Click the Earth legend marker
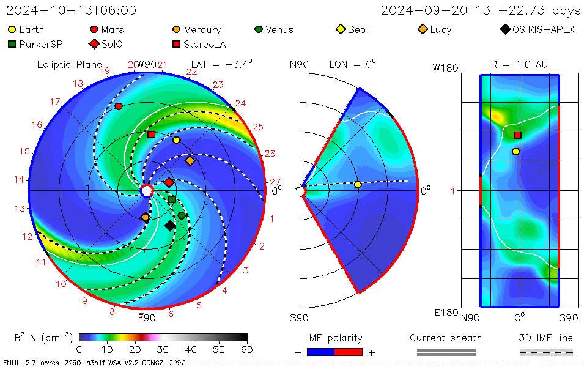tap(12, 29)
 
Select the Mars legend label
tap(113, 29)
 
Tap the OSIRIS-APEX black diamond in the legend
tap(504, 29)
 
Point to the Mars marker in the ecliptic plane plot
tap(119, 106)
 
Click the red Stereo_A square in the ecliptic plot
tap(151, 134)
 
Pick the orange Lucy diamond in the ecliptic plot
tap(190, 161)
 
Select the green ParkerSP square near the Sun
tap(172, 199)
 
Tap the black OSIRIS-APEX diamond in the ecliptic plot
tap(170, 226)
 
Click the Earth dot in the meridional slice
tap(358, 185)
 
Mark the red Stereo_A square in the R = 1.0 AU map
tap(517, 135)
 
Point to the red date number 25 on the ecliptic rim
tap(257, 127)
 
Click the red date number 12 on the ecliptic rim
tap(28, 236)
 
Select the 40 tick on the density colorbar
tap(191, 349)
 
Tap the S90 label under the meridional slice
tap(299, 317)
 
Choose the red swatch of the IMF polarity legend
tap(349, 352)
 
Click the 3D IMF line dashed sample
tap(546, 352)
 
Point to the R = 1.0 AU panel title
tap(519, 64)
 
